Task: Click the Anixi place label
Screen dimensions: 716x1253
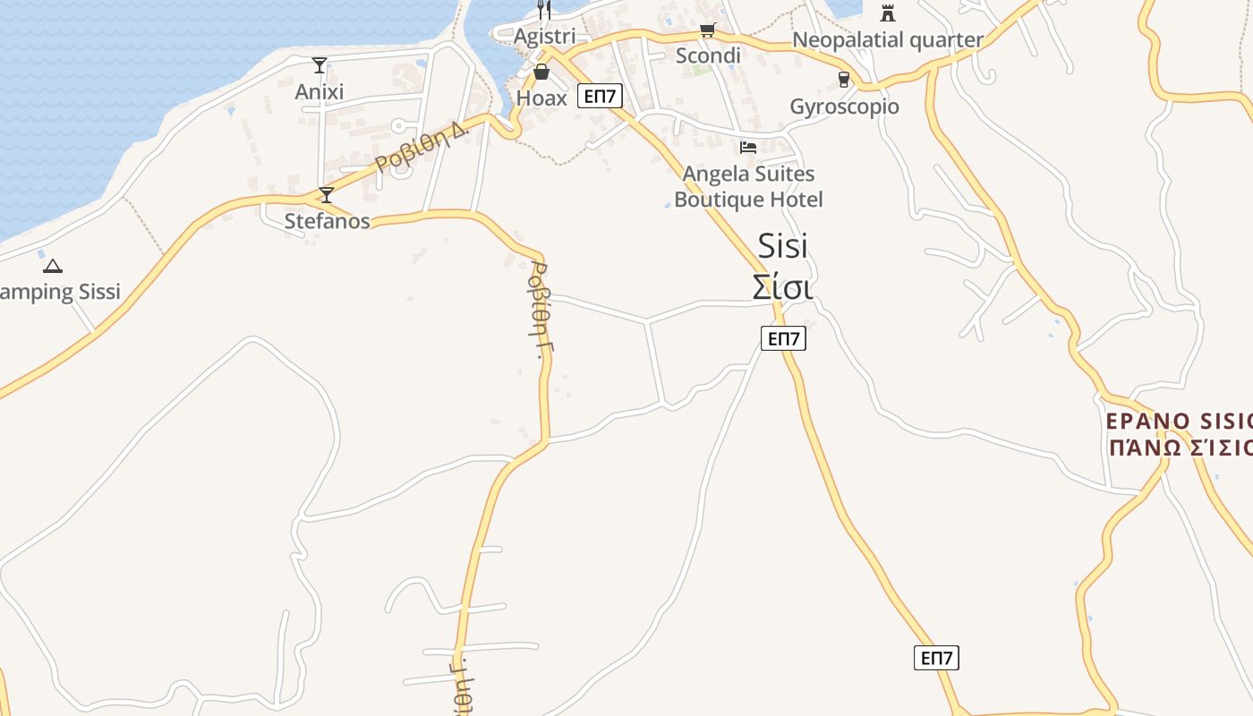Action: [x=320, y=91]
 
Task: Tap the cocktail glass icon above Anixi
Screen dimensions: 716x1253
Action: [x=320, y=64]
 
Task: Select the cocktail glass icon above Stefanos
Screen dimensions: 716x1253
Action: [x=327, y=194]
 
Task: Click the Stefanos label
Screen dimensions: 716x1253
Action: [x=327, y=220]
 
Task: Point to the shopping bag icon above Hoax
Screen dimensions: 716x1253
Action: [x=541, y=72]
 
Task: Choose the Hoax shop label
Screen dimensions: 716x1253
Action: [x=541, y=98]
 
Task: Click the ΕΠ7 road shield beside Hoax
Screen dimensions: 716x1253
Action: [x=600, y=96]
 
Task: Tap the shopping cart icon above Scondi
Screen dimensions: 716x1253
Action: [x=708, y=30]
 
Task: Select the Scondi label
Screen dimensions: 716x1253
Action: [x=708, y=55]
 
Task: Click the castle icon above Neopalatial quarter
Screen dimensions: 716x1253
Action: [x=888, y=13]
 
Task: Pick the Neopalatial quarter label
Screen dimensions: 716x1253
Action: [x=888, y=39]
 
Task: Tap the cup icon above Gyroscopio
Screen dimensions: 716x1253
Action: [x=844, y=80]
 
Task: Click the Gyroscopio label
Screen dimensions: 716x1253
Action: [x=844, y=107]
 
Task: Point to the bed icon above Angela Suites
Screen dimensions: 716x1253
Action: [x=748, y=147]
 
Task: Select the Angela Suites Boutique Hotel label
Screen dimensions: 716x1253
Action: [x=748, y=186]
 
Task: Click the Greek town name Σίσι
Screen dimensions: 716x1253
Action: [x=782, y=288]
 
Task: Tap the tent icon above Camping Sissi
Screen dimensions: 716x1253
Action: [x=53, y=266]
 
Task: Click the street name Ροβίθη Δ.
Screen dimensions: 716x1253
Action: [x=422, y=148]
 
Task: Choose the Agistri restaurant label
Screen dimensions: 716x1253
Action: [x=544, y=37]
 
